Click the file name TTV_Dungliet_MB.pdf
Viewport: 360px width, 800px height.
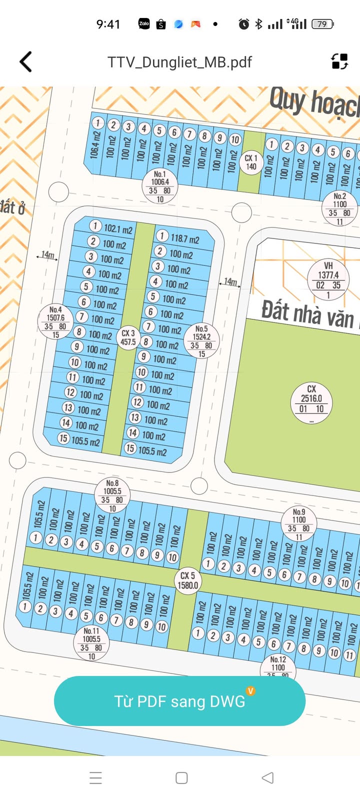point(179,62)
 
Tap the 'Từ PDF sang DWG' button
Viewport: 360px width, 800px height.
point(179,701)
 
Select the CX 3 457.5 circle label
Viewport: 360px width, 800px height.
point(128,337)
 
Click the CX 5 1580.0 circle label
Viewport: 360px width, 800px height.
point(188,580)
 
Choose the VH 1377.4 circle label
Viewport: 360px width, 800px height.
point(328,279)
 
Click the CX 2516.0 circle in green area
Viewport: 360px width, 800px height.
point(311,403)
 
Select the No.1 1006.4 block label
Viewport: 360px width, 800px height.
point(160,186)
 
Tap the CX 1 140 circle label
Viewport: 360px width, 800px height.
point(251,162)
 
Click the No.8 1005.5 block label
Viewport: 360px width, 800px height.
point(112,495)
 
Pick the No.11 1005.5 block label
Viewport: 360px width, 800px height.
point(91,643)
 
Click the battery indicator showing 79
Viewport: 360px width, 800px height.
point(322,24)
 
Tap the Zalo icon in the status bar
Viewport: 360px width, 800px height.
point(144,23)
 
